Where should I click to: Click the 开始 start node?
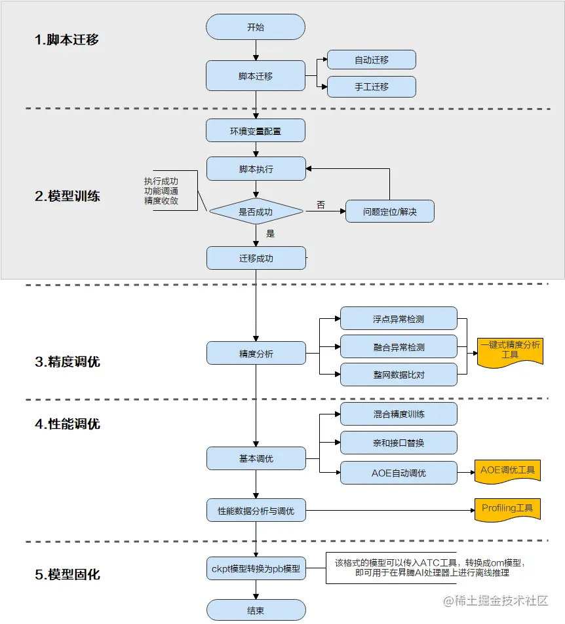pyautogui.click(x=256, y=28)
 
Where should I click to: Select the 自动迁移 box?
pyautogui.click(x=372, y=60)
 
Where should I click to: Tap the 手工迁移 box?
pyautogui.click(x=372, y=86)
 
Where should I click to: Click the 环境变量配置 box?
pyautogui.click(x=256, y=131)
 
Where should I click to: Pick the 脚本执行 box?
pyautogui.click(x=256, y=169)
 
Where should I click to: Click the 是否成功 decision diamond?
pyautogui.click(x=256, y=211)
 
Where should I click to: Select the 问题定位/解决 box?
pyautogui.click(x=389, y=211)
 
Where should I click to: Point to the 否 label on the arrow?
pyautogui.click(x=321, y=205)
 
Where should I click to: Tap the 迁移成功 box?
pyautogui.click(x=256, y=258)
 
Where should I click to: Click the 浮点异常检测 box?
pyautogui.click(x=399, y=319)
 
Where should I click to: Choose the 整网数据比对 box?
pyautogui.click(x=399, y=374)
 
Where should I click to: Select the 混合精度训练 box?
pyautogui.click(x=399, y=414)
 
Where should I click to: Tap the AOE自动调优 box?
pyautogui.click(x=399, y=472)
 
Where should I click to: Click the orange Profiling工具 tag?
pyautogui.click(x=507, y=509)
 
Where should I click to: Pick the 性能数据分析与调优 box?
pyautogui.click(x=256, y=510)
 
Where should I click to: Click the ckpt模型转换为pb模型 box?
pyautogui.click(x=256, y=568)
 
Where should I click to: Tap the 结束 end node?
pyautogui.click(x=256, y=610)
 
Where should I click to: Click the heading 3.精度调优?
pyautogui.click(x=68, y=361)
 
